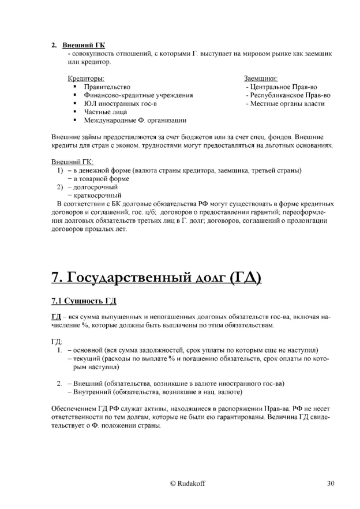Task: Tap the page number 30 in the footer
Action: click(330, 484)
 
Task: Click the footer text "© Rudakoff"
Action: click(180, 484)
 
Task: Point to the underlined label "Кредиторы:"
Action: click(85, 78)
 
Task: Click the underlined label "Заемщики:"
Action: click(261, 78)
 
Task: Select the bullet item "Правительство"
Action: click(107, 87)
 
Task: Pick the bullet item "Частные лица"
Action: click(104, 112)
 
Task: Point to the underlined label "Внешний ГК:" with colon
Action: click(72, 162)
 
